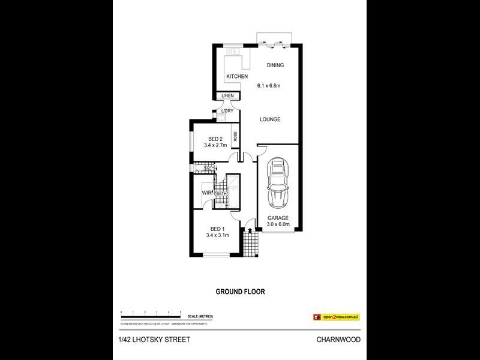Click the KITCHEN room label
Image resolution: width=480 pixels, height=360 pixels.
237,77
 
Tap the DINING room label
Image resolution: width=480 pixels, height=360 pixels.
275,65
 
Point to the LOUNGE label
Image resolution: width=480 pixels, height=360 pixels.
270,119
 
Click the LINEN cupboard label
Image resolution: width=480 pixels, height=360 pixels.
227,96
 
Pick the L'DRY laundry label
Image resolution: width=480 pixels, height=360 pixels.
227,112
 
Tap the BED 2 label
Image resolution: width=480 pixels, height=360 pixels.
210,139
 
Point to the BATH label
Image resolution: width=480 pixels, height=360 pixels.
221,193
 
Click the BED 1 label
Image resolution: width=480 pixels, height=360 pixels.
217,229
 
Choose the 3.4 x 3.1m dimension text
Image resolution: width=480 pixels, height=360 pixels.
217,235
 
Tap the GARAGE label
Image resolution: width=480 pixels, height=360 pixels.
278,218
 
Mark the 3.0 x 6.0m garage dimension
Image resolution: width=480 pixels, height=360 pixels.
278,225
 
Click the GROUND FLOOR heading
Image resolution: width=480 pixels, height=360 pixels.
240,292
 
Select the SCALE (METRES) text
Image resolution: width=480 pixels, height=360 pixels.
200,316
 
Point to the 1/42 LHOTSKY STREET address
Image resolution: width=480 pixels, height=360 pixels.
154,340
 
